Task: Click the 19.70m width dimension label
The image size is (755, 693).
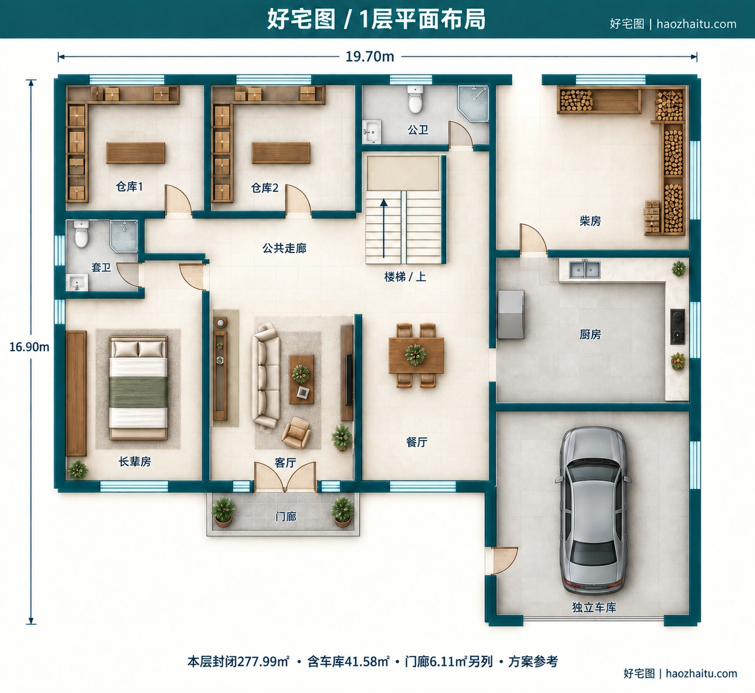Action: click(369, 57)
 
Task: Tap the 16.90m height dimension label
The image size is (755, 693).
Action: click(29, 346)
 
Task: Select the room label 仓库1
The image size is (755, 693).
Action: click(129, 186)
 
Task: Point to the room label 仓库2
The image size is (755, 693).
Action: click(264, 187)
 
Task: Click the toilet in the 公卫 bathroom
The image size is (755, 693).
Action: click(415, 99)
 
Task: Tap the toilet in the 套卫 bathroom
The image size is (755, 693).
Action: click(81, 234)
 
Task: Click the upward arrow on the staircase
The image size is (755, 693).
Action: click(383, 228)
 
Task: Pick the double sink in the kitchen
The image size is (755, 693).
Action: click(585, 269)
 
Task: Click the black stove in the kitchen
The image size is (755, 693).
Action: click(678, 326)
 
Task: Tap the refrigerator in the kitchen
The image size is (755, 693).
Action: click(511, 314)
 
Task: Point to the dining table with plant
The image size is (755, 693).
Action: click(416, 355)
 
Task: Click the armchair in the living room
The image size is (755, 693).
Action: click(297, 433)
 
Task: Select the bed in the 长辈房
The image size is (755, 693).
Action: click(138, 387)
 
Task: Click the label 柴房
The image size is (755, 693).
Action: click(590, 221)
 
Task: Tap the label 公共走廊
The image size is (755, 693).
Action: click(284, 248)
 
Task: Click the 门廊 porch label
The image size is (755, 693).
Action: click(286, 517)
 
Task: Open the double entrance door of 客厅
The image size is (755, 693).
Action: click(285, 477)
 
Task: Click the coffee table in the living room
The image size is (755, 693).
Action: click(301, 379)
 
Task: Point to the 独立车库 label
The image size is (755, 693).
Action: click(595, 607)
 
